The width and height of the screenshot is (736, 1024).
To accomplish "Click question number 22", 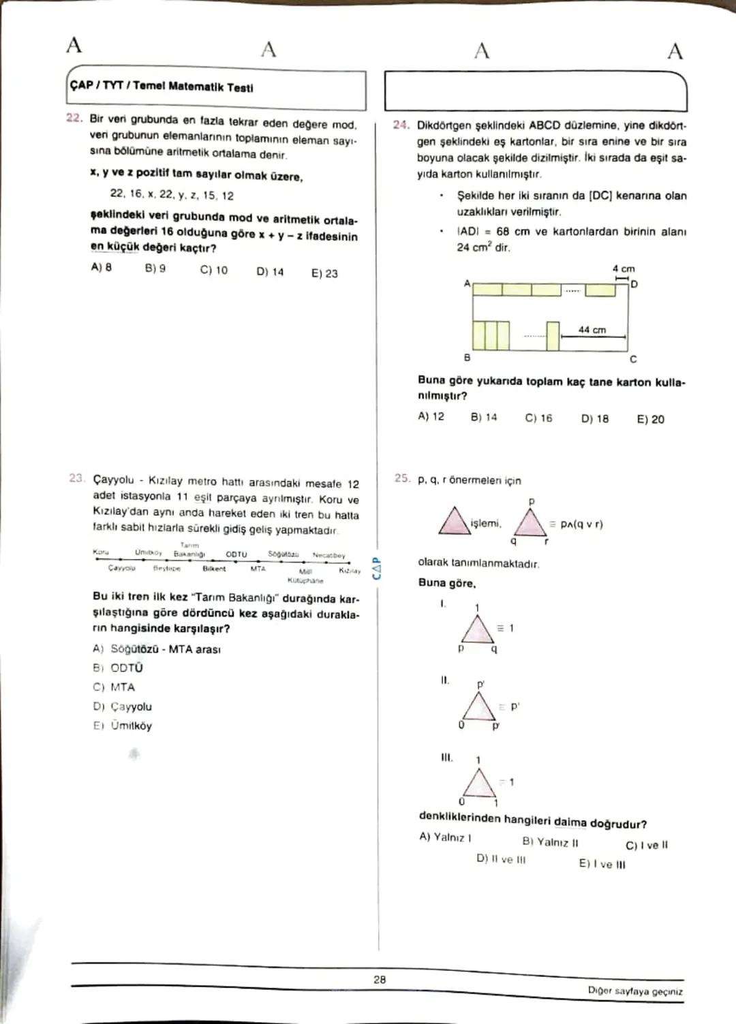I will tap(74, 118).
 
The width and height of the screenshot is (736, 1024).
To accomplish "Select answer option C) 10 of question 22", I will tap(213, 270).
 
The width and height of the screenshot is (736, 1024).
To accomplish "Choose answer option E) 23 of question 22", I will tap(324, 273).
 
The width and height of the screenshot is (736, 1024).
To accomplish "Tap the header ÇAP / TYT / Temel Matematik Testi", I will tap(162, 87).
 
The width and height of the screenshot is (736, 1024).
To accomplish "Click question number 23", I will tap(76, 478).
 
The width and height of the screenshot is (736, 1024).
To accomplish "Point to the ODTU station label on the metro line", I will tap(236, 555).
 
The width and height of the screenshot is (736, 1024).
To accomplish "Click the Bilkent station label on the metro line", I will tap(214, 568).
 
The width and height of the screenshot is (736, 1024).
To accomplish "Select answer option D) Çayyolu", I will tap(123, 707).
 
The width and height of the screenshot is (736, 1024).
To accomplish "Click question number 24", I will tap(401, 125).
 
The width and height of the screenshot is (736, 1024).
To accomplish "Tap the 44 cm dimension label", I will tap(592, 330).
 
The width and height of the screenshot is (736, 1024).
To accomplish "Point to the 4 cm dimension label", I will tap(623, 269).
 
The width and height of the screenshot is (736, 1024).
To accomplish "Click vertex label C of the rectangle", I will tap(633, 359).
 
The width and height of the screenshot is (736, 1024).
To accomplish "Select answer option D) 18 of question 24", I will tap(594, 419).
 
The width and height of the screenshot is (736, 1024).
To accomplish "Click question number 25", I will tap(401, 479).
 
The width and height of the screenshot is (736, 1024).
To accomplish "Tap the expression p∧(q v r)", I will tap(581, 524).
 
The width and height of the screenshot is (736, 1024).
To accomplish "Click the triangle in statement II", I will tap(479, 706).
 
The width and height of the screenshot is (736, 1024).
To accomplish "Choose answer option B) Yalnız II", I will tap(550, 842).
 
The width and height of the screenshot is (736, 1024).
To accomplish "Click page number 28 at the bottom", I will tap(380, 980).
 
